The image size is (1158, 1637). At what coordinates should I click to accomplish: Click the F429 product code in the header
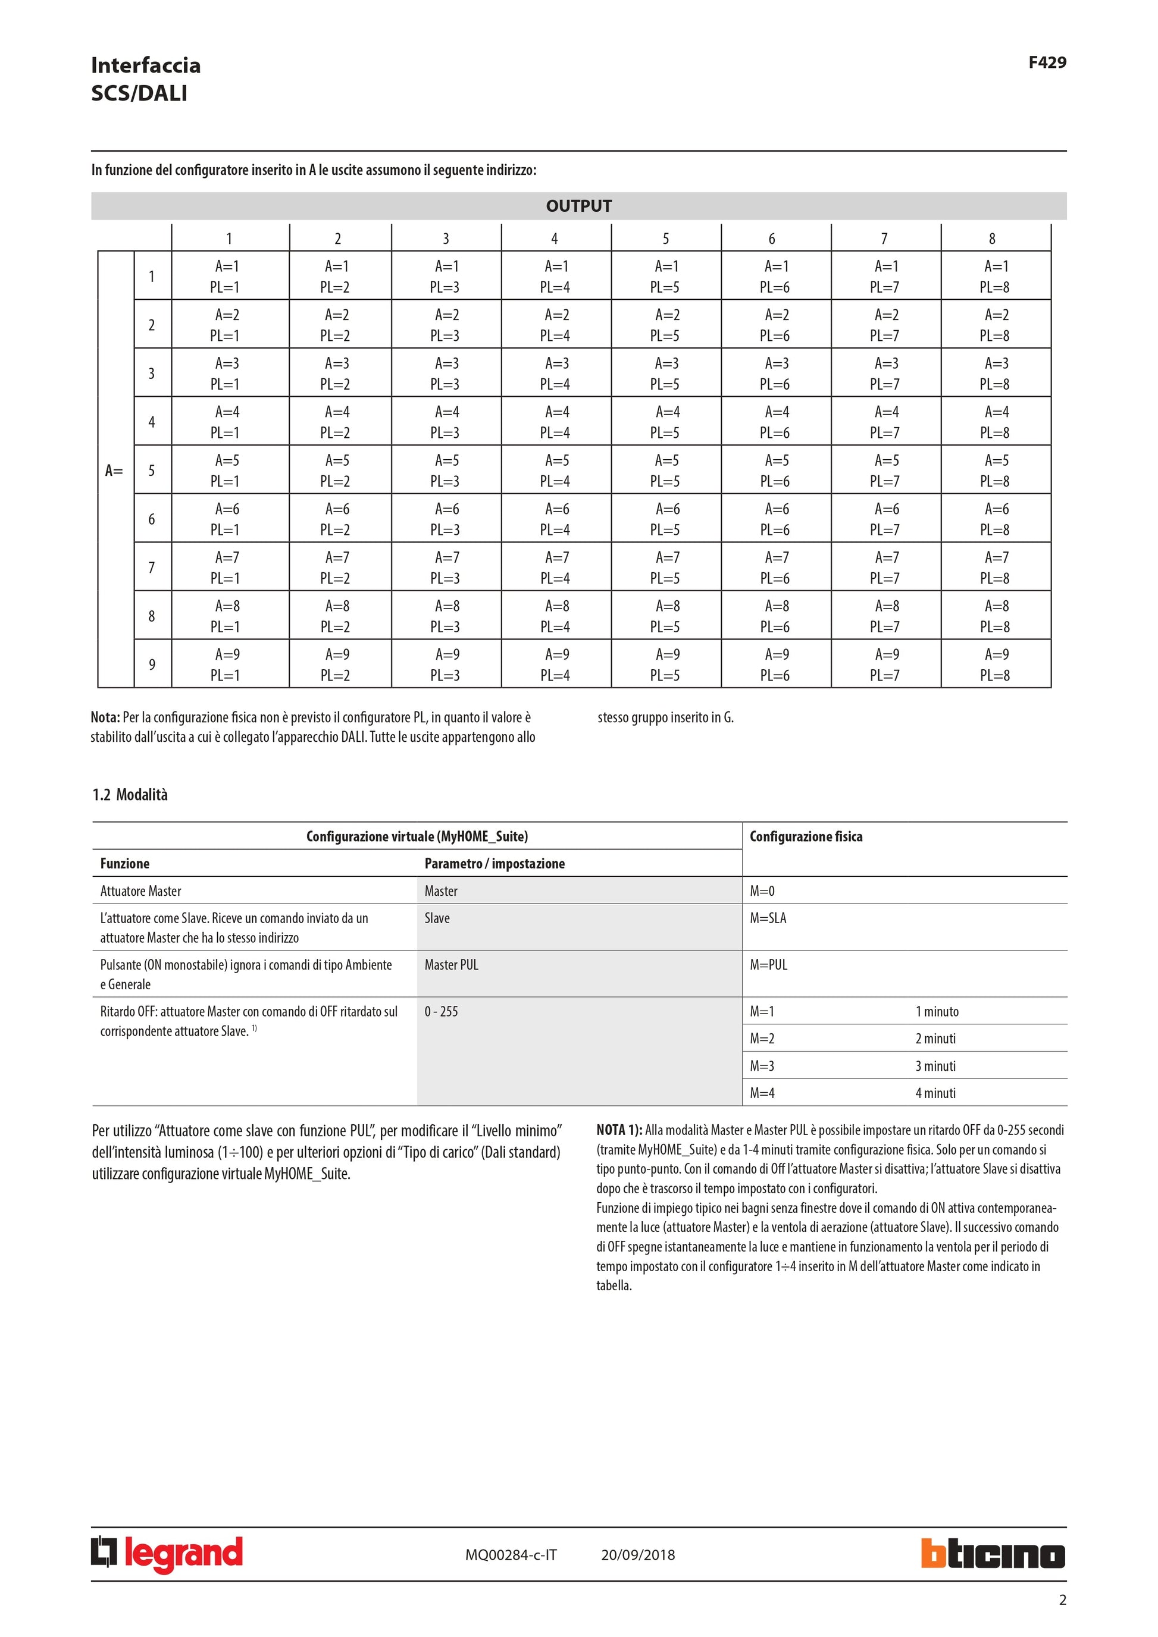(x=1047, y=62)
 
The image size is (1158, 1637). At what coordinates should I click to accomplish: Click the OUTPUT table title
(x=578, y=206)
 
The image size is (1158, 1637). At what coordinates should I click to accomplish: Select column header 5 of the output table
(x=665, y=238)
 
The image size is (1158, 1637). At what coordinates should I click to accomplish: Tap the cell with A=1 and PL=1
(x=226, y=277)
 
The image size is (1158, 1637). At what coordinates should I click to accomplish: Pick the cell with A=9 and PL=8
(x=995, y=664)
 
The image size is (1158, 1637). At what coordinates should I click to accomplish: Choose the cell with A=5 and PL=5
(x=665, y=471)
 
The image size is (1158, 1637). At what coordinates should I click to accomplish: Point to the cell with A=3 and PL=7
(x=885, y=374)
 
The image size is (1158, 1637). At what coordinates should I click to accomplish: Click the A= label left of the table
(x=114, y=471)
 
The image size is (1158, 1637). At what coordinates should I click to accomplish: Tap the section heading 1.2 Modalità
(x=130, y=795)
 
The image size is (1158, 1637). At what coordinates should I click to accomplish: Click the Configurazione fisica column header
(x=806, y=836)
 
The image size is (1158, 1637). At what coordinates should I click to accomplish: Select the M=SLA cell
(x=768, y=918)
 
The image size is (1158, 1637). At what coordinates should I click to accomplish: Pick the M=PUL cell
(x=769, y=965)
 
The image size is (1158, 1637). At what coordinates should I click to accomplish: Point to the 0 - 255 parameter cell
(x=442, y=1012)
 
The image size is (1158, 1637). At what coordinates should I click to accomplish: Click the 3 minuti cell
(x=935, y=1066)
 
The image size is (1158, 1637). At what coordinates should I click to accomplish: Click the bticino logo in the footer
(x=993, y=1554)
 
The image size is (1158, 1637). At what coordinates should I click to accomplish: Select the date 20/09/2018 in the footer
(x=637, y=1555)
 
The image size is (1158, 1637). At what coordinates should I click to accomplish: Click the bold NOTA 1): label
(x=619, y=1130)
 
